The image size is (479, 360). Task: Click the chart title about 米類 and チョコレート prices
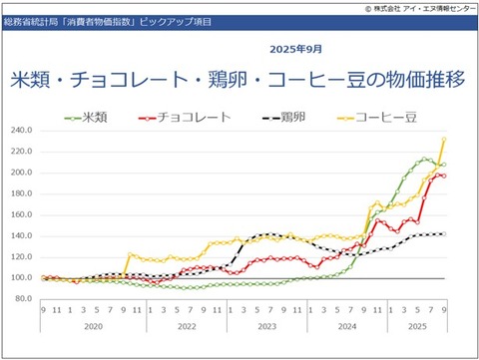click(x=238, y=80)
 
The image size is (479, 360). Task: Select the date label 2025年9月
click(x=296, y=48)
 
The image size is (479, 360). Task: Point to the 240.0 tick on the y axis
click(x=22, y=130)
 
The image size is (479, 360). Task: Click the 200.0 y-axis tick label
click(x=22, y=173)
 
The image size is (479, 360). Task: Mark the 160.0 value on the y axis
click(x=22, y=214)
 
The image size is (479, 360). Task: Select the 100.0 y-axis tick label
click(x=22, y=278)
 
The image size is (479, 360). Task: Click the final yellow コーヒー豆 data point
click(x=443, y=140)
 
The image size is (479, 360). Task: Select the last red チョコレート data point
click(x=443, y=176)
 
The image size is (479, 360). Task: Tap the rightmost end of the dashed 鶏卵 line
click(x=443, y=234)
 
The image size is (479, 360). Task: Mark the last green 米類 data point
click(x=443, y=165)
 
